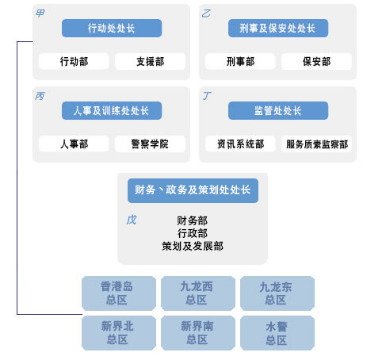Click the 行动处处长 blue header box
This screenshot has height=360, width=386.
click(112, 28)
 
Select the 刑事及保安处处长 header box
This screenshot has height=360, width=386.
click(278, 28)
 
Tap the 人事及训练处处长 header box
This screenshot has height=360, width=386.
click(112, 110)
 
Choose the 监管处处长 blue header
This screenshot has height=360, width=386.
click(278, 110)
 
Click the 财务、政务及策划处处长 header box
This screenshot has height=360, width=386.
click(193, 190)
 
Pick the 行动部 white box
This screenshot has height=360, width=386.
click(74, 62)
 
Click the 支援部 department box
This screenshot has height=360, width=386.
click(150, 62)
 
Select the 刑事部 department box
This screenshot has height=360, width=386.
click(240, 62)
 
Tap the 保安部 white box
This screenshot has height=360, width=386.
click(316, 62)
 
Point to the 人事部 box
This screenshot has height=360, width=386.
click(74, 144)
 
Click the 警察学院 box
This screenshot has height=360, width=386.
click(150, 144)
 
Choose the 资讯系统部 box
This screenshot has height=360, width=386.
click(240, 144)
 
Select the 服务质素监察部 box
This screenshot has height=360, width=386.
click(316, 144)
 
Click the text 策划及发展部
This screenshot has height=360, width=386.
click(193, 246)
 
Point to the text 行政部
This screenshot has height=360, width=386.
click(193, 233)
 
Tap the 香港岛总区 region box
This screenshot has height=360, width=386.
click(119, 293)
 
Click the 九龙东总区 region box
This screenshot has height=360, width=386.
click(277, 293)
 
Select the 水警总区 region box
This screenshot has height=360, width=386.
click(277, 333)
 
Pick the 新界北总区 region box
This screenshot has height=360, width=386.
click(119, 333)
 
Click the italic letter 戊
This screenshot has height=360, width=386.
click(132, 220)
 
